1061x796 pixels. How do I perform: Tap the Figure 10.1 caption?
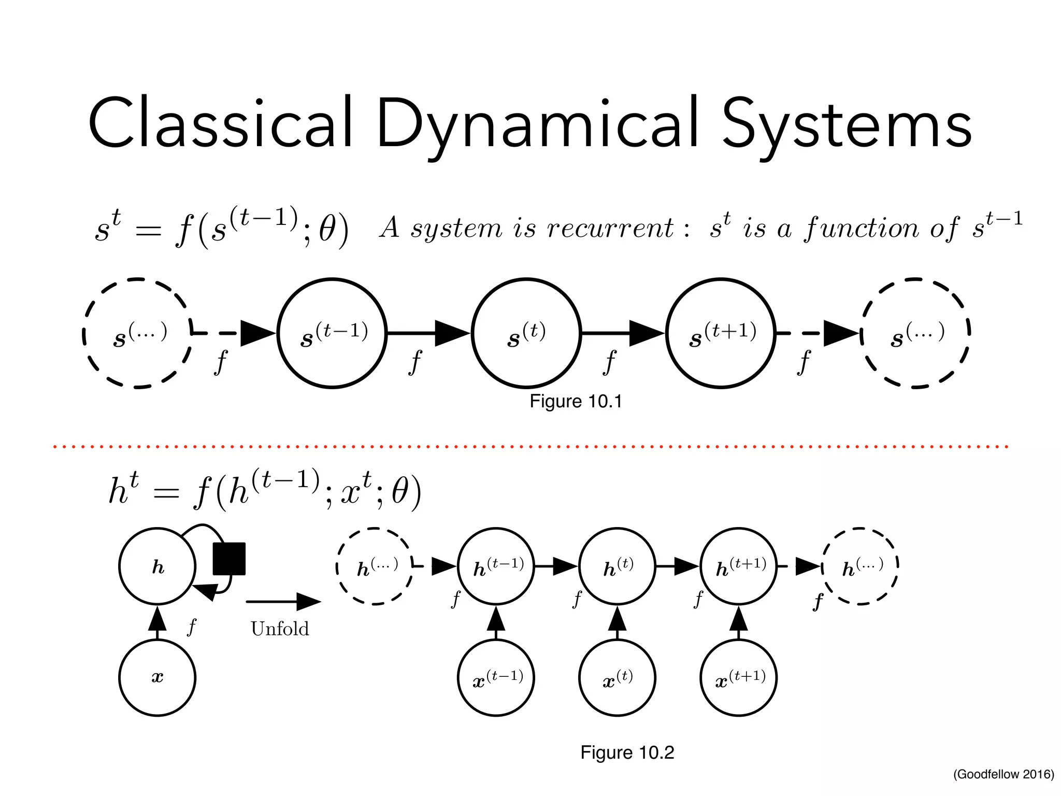[576, 401]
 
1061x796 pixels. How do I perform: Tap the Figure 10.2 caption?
[627, 752]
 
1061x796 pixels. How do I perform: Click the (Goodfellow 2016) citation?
[1003, 774]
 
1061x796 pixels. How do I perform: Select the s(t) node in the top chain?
[526, 333]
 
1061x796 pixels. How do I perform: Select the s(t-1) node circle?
[332, 333]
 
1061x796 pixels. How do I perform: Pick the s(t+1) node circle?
[721, 333]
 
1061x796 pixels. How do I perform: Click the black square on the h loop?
[229, 559]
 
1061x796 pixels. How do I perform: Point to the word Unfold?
[280, 629]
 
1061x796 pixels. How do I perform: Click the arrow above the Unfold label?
[283, 602]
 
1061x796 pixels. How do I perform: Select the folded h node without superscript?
[157, 566]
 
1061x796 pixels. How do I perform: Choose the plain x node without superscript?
[157, 677]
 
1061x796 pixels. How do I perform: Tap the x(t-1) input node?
[496, 677]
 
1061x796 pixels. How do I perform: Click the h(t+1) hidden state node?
[739, 566]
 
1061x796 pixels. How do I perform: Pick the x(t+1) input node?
[739, 677]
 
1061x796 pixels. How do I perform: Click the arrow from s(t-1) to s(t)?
[429, 333]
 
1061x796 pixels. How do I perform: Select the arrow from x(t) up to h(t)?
[617, 622]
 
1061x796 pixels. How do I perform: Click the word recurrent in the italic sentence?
[610, 228]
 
